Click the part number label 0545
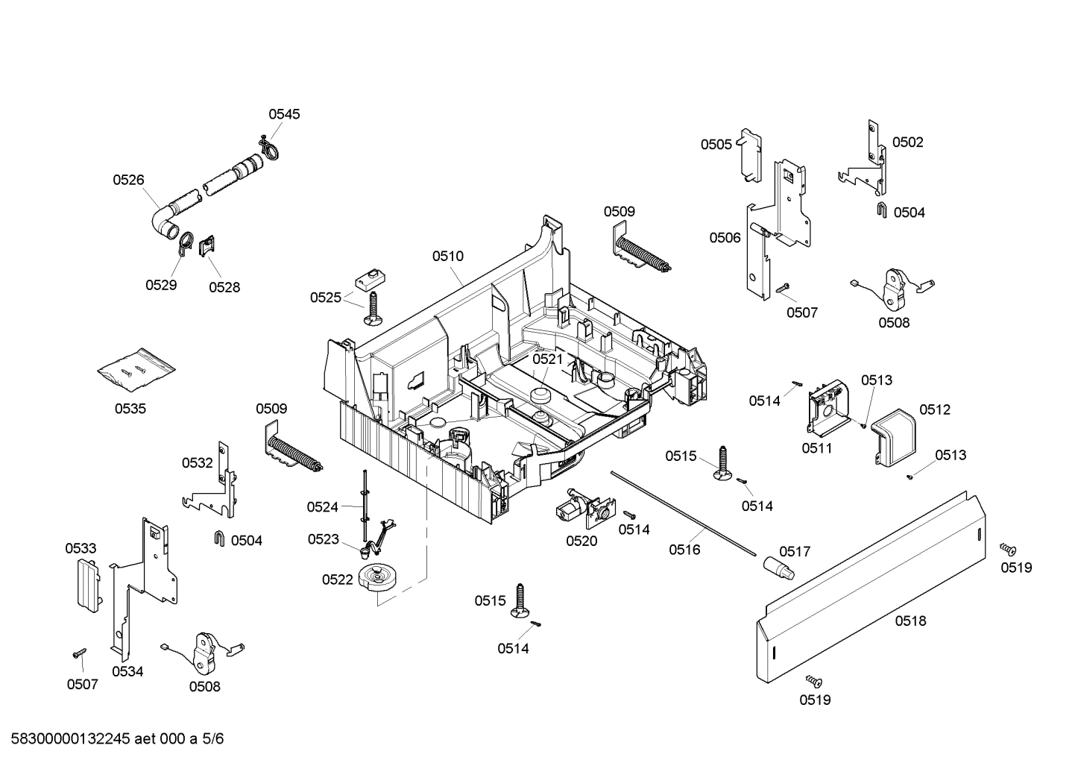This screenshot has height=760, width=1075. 284,114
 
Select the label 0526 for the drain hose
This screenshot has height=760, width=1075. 128,180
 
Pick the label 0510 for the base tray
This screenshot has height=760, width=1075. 447,256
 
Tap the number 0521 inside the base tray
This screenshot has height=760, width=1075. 548,359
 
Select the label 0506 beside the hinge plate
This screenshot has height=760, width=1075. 725,238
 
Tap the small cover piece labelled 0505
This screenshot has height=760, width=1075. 749,154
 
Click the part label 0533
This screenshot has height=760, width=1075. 81,548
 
